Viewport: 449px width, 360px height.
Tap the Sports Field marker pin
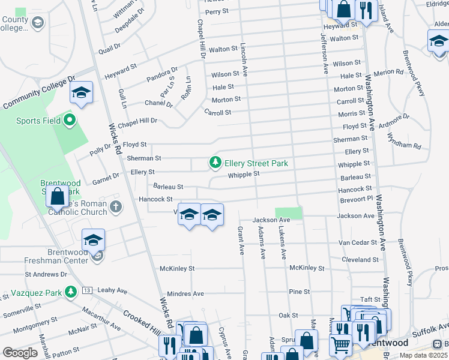point(70,121)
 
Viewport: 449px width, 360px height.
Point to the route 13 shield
point(88,290)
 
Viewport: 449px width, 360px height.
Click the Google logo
point(20,353)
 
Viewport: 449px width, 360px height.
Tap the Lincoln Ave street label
point(245,59)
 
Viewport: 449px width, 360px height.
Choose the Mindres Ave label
point(185,294)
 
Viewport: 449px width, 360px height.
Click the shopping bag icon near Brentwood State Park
point(57,196)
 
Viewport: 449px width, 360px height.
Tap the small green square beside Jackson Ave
point(289,212)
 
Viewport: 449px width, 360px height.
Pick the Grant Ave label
point(241,240)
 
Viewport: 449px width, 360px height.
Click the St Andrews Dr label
point(46,275)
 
